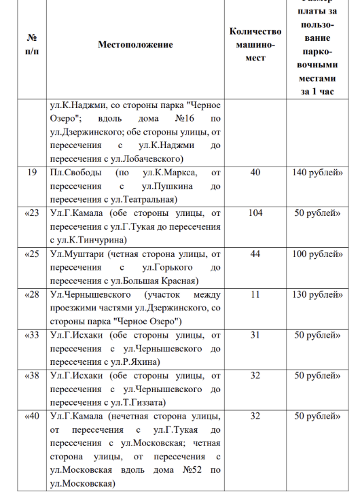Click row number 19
[x=31, y=173]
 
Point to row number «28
[x=31, y=295]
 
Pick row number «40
[x=31, y=417]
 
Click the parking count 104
[x=255, y=213]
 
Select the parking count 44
[x=255, y=254]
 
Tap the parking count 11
[x=255, y=295]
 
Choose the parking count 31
[x=255, y=336]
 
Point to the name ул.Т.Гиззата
[x=134, y=403]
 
